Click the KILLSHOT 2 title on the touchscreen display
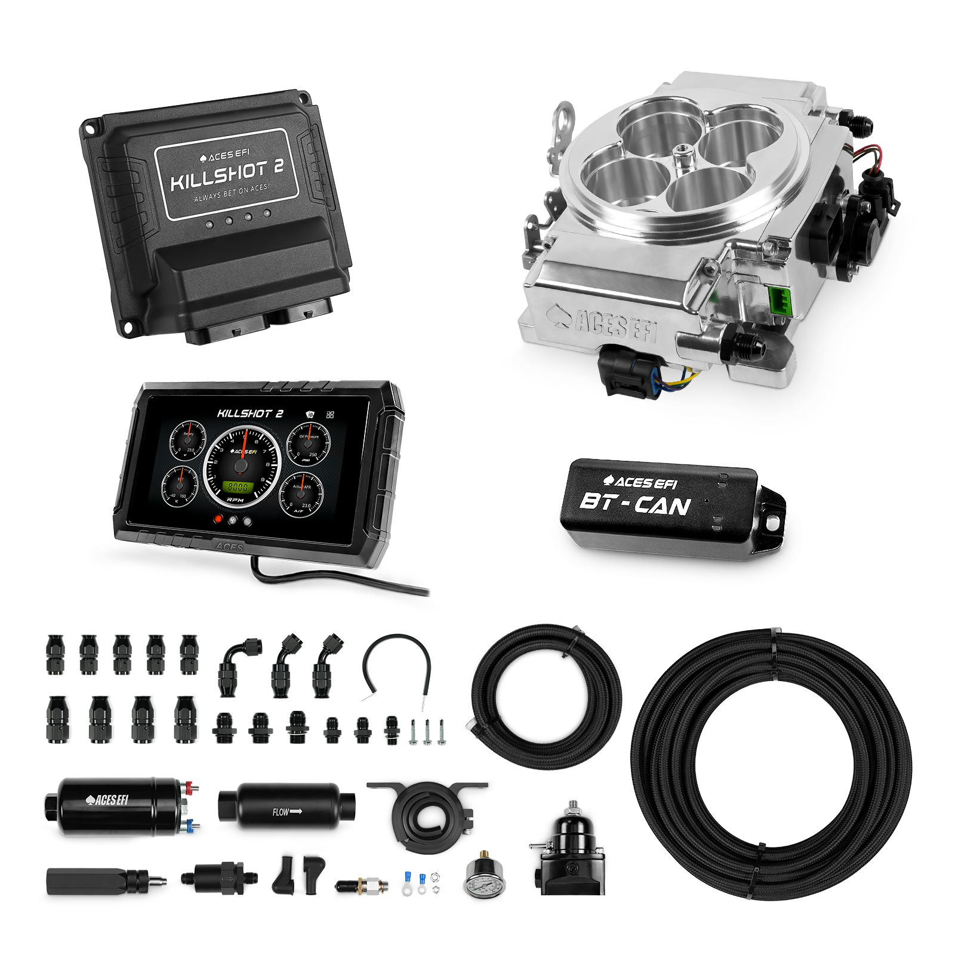coord(250,413)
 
